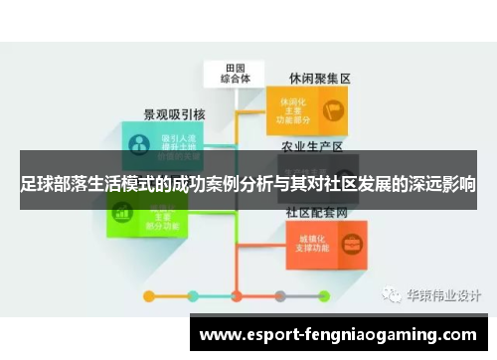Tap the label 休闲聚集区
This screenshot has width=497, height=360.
[320, 78]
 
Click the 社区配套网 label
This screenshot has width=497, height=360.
[317, 212]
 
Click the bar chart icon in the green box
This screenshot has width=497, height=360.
[124, 212]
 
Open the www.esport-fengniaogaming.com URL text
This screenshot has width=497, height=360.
[338, 335]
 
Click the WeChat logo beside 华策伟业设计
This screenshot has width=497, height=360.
[387, 295]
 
